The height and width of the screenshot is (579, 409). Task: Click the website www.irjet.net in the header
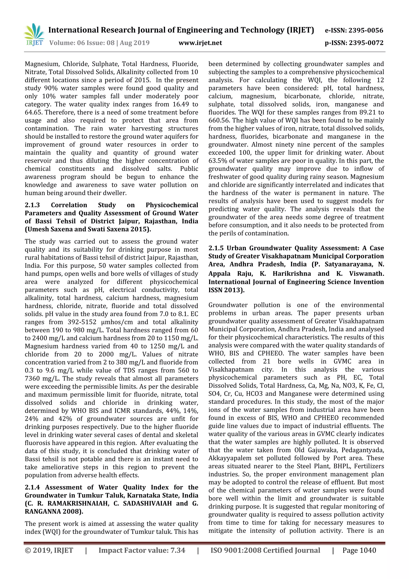click(x=200, y=43)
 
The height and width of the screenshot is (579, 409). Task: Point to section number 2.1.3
click(x=32, y=205)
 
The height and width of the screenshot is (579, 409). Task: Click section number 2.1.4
click(x=32, y=487)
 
